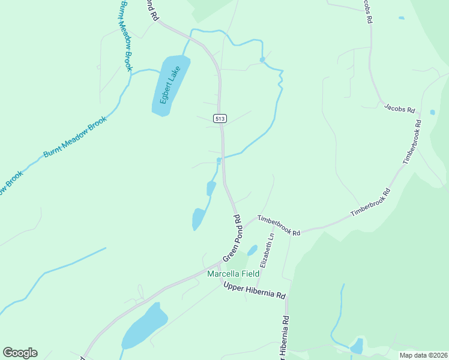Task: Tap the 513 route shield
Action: [x=220, y=119]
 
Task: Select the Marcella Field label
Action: [x=233, y=274]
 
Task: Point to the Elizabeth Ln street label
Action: [x=267, y=251]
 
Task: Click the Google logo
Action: [x=20, y=353]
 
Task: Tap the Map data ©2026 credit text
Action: [x=423, y=355]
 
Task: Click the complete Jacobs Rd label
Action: [x=400, y=109]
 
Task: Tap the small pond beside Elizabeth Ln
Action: [x=253, y=250]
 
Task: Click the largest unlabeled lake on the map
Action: [x=145, y=326]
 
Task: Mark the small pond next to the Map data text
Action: [x=357, y=346]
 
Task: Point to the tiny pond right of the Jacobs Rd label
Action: [x=432, y=112]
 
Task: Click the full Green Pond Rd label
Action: [x=232, y=238]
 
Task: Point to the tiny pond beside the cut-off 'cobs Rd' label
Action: [x=401, y=18]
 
